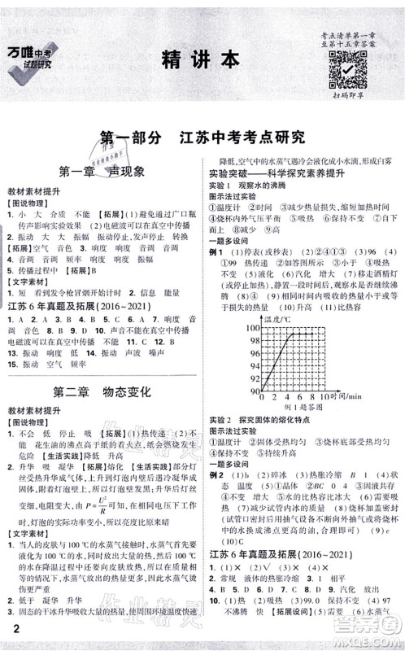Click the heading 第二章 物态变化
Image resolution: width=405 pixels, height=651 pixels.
102,391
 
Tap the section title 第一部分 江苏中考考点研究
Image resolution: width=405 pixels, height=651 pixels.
201,137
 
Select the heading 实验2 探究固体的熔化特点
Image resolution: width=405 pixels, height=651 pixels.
268,418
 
